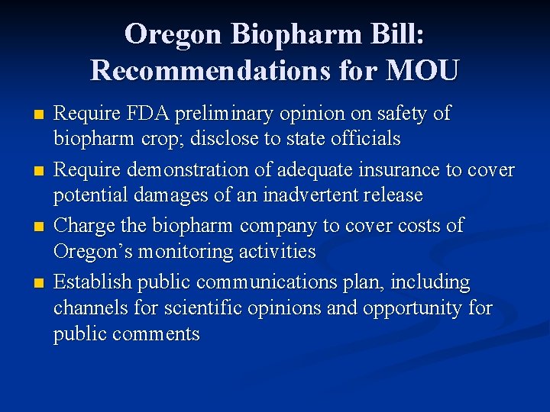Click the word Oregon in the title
click(173, 34)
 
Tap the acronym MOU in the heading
click(422, 70)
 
